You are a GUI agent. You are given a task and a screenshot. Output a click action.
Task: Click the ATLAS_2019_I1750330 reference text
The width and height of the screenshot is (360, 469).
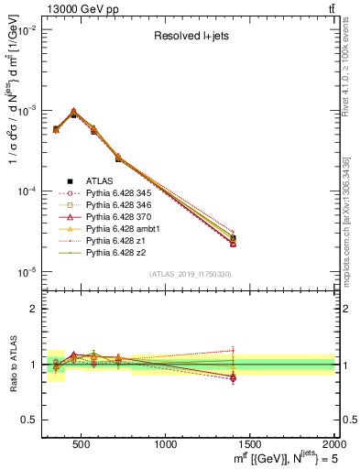pyautogui.click(x=190, y=274)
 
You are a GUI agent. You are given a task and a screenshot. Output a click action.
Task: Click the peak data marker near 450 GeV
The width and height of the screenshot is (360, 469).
pyautogui.click(x=73, y=114)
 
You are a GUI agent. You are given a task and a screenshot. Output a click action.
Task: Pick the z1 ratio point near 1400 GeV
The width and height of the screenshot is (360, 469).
pyautogui.click(x=233, y=350)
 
